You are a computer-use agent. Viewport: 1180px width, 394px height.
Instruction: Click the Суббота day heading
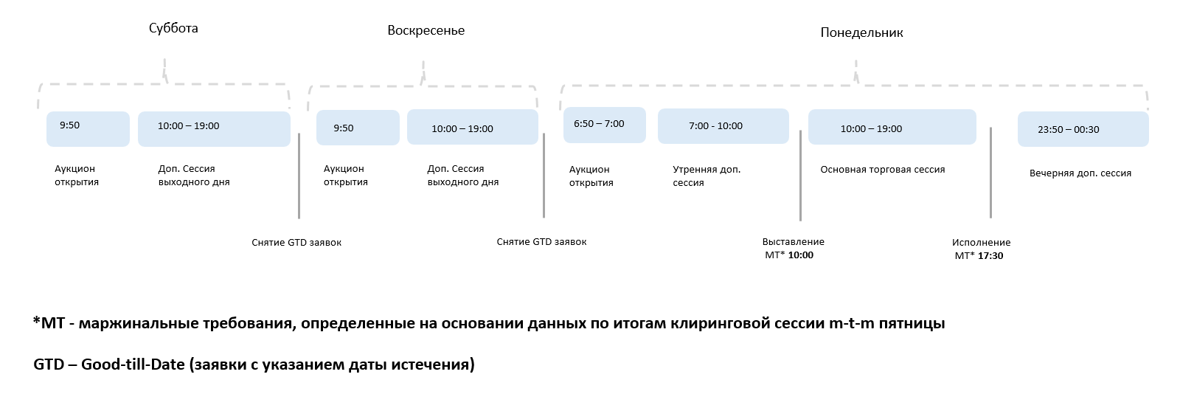click(x=173, y=28)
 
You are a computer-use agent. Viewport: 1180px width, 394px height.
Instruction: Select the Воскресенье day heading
click(x=426, y=30)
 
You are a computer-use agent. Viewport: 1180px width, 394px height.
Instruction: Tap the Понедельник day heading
click(x=861, y=32)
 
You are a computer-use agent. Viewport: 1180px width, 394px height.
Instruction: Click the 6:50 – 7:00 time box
click(x=604, y=125)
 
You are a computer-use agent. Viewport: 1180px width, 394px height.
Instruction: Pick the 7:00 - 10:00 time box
click(x=723, y=126)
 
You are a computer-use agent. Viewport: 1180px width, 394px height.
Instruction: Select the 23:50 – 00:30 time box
click(x=1083, y=129)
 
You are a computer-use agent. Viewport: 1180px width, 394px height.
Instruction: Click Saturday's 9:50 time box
click(x=88, y=128)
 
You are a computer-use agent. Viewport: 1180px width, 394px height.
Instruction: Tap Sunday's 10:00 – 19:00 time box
click(x=473, y=127)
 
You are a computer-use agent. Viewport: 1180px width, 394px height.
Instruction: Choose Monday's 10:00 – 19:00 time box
click(x=892, y=127)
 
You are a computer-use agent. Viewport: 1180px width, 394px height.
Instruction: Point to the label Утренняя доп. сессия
click(x=707, y=176)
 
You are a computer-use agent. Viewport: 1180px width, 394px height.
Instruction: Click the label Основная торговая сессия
click(x=882, y=170)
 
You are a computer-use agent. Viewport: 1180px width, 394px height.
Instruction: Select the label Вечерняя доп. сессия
click(x=1080, y=173)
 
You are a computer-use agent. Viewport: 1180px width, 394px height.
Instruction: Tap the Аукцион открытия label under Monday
click(x=591, y=176)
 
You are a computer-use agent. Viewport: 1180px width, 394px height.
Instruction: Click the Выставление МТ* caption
click(x=793, y=249)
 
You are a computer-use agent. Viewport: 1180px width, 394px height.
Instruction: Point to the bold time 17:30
click(x=990, y=256)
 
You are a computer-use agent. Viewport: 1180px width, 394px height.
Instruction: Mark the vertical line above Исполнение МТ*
click(x=990, y=172)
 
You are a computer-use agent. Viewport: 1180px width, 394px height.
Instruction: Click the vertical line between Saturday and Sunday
click(x=299, y=176)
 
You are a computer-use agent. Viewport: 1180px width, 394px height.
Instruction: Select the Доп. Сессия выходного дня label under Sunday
click(x=462, y=176)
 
